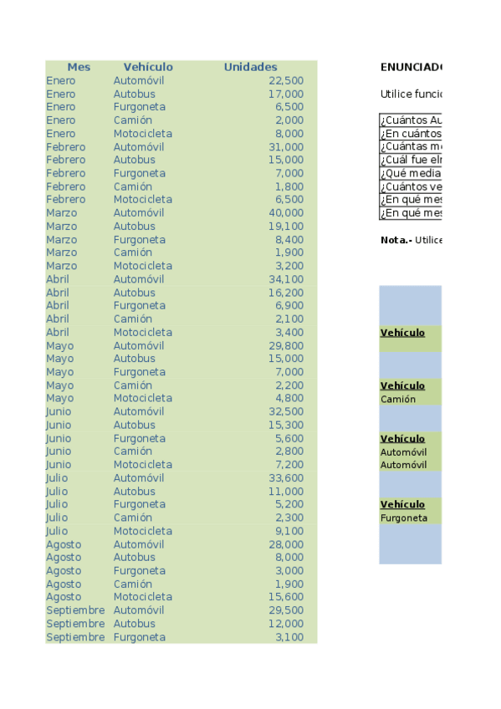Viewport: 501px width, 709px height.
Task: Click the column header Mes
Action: (79, 67)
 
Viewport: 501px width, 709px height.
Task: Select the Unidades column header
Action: (250, 67)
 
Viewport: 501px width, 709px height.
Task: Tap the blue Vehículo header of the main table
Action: (148, 67)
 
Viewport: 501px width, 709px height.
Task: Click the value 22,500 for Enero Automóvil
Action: (286, 80)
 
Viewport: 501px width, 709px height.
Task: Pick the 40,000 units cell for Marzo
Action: (286, 213)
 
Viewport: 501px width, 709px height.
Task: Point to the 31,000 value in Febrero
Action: (286, 147)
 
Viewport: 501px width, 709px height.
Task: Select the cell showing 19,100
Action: (286, 227)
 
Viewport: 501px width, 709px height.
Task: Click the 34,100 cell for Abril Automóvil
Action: (286, 279)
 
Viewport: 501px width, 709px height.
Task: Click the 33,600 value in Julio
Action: (286, 478)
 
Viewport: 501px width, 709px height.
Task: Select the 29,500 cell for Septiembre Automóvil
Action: (286, 610)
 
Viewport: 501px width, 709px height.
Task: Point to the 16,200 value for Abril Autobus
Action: (286, 293)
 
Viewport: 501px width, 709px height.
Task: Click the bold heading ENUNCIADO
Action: (411, 67)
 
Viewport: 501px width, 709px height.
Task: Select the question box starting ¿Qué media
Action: (411, 174)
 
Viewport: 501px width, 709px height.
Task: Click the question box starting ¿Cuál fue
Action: (411, 161)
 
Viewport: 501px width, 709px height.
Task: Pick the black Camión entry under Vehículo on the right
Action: (398, 400)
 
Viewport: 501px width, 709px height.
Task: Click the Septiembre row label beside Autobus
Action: (75, 624)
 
